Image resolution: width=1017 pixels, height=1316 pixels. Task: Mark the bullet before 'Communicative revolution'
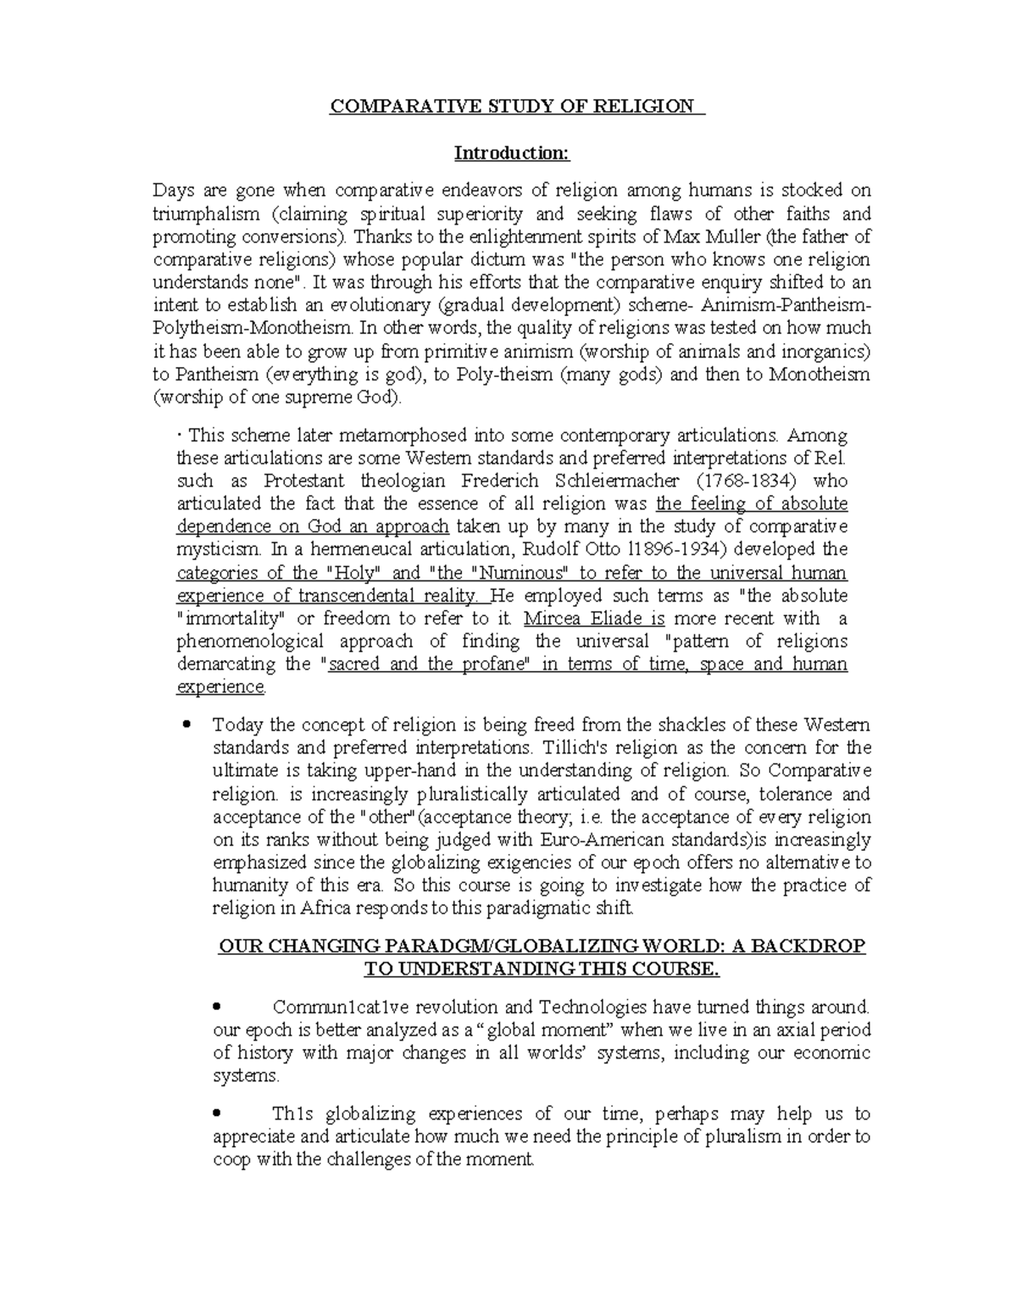coord(218,1007)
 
